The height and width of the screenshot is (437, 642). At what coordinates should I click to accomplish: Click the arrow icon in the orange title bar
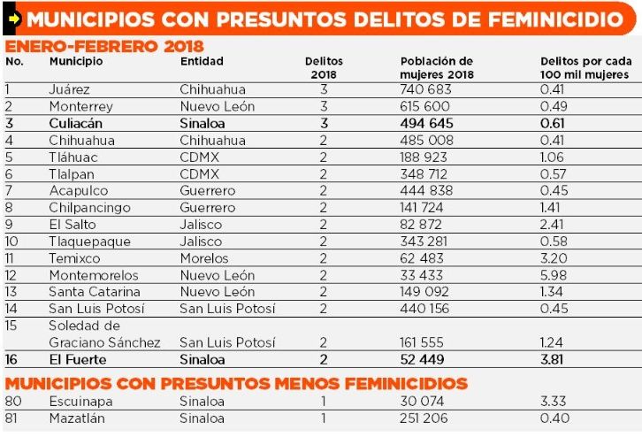(x=13, y=18)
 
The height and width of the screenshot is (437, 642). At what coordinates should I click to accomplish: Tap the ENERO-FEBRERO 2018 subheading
(x=104, y=46)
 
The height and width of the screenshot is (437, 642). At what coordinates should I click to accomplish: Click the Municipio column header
(x=76, y=61)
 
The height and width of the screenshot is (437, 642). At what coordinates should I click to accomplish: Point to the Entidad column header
(x=202, y=61)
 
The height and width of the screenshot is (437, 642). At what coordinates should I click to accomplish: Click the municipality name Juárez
(x=69, y=89)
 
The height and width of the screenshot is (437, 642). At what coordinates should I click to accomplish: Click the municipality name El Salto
(x=67, y=225)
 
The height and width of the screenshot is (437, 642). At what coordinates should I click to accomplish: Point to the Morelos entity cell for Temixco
(x=204, y=258)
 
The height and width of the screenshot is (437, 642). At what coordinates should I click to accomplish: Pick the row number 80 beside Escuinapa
(x=13, y=401)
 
